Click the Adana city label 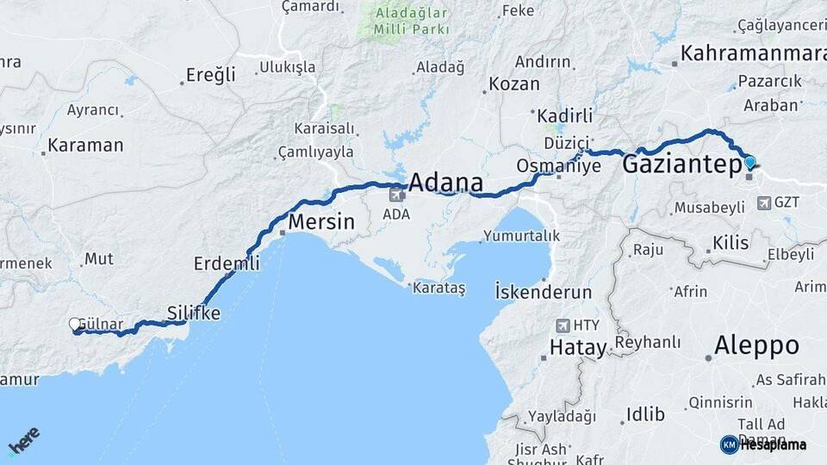point(445,182)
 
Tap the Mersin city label point(321,221)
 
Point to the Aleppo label point(756,346)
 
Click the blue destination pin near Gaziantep point(749,162)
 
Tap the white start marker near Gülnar point(75,324)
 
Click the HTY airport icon point(563,325)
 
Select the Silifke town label point(194,313)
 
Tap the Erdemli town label point(227,263)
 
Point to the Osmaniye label point(558,165)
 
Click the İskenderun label point(543,291)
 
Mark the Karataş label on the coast point(438,288)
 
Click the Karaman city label point(85,146)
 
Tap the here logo point(23,439)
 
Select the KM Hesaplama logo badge point(763,444)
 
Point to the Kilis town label point(731,243)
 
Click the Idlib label point(645,415)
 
